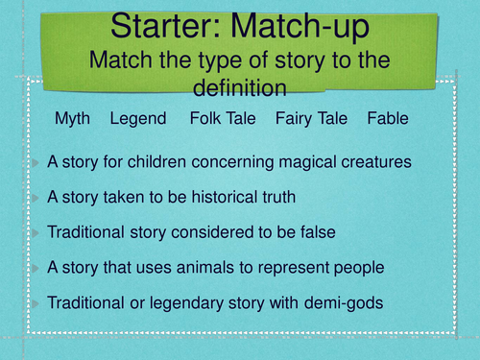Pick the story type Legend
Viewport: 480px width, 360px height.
tap(138, 119)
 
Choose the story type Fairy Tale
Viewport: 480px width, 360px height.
tap(311, 119)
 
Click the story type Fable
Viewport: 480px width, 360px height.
tap(388, 119)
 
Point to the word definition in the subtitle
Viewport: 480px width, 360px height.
tap(240, 87)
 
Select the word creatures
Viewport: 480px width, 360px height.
tap(379, 162)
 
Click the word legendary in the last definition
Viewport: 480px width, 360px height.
tap(183, 303)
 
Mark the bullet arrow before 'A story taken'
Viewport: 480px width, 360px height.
tap(36, 198)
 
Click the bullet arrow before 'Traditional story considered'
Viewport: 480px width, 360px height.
tap(36, 233)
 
